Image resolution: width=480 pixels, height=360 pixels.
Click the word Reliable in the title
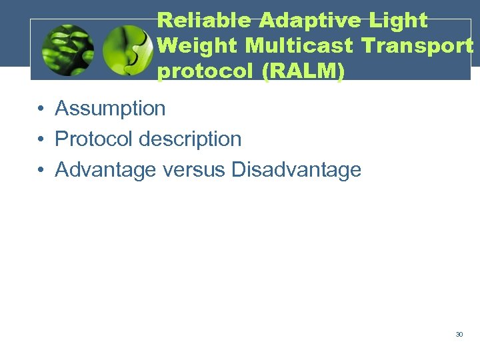point(205,20)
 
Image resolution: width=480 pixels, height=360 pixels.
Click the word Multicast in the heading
point(301,46)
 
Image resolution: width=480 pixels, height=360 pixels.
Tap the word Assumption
point(110,108)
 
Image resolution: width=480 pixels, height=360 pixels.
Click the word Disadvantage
point(296,169)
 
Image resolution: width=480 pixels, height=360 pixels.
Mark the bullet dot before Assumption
point(41,109)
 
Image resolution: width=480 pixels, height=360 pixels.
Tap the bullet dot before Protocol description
point(41,139)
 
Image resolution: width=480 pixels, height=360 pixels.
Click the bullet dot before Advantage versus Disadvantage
point(41,170)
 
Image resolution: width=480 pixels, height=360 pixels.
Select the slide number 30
point(459,334)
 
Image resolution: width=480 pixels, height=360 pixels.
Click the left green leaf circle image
point(67,50)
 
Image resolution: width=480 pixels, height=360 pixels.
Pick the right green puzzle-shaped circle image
point(128,50)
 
